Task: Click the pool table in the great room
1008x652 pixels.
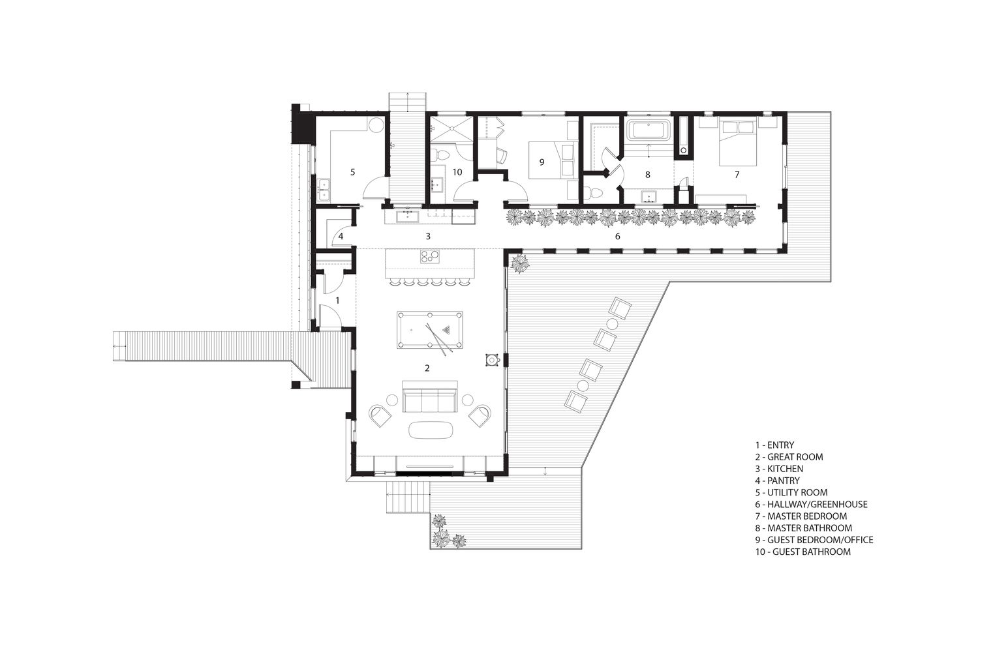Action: pyautogui.click(x=430, y=330)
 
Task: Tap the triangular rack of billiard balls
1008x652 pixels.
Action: pyautogui.click(x=446, y=330)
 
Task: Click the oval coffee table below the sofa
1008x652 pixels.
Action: pyautogui.click(x=430, y=429)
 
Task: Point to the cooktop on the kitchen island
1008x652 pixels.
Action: pyautogui.click(x=430, y=256)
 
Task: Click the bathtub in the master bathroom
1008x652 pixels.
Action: pyautogui.click(x=648, y=130)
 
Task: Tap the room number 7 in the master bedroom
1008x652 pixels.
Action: pyautogui.click(x=737, y=175)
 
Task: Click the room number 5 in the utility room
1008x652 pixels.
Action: pyautogui.click(x=352, y=171)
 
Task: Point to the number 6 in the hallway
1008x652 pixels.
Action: pyautogui.click(x=617, y=236)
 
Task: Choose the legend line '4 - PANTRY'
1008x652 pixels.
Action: pyautogui.click(x=777, y=481)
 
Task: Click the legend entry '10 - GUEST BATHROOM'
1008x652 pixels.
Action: pyautogui.click(x=802, y=552)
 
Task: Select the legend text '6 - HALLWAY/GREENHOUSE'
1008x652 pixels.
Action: pyautogui.click(x=811, y=505)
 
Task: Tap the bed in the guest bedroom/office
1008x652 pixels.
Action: pyautogui.click(x=553, y=160)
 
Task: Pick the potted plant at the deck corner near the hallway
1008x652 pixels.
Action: pyautogui.click(x=520, y=263)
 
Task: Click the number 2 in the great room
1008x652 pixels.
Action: pyautogui.click(x=427, y=368)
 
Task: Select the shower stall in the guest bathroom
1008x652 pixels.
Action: pyautogui.click(x=451, y=129)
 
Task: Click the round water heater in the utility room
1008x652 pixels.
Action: pyautogui.click(x=376, y=125)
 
